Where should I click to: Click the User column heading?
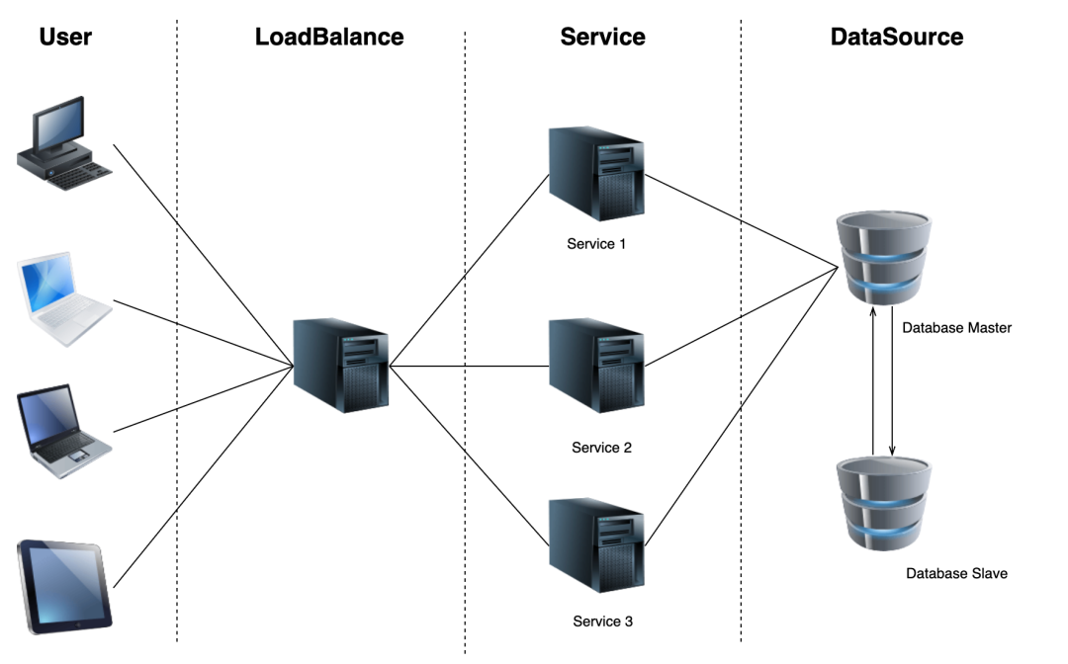[x=65, y=38]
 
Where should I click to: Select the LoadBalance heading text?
[x=329, y=38]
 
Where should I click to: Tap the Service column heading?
[x=602, y=38]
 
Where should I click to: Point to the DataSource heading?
[x=897, y=38]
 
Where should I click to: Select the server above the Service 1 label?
[x=596, y=175]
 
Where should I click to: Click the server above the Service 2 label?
[x=596, y=366]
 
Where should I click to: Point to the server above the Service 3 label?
[x=596, y=546]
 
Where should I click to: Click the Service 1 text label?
[x=596, y=243]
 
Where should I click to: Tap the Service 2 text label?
[x=601, y=448]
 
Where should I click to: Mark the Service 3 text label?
[x=602, y=622]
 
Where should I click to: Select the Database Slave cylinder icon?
[x=882, y=502]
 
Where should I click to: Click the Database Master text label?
[x=956, y=327]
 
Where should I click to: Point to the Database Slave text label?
[x=956, y=573]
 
